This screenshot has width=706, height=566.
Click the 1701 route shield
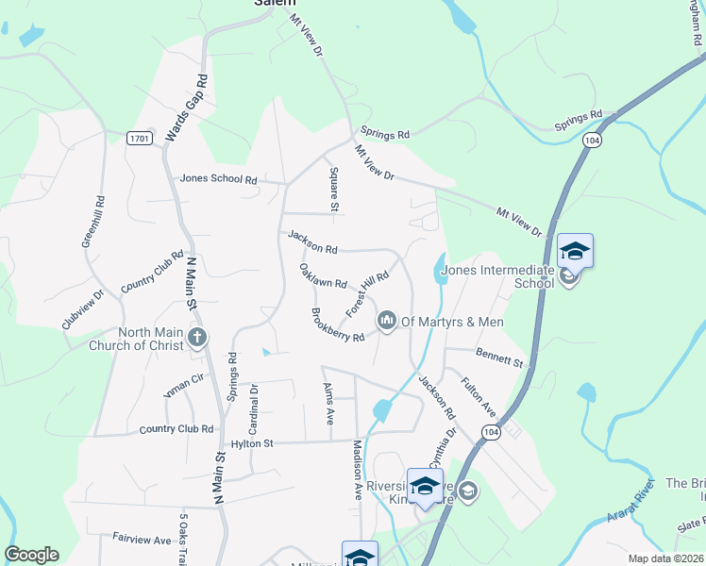140,139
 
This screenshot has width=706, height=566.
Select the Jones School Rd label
219,179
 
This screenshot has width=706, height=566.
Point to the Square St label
334,190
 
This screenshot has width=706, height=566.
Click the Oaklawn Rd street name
323,276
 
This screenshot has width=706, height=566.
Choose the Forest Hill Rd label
367,294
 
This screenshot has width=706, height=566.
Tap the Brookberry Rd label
338,325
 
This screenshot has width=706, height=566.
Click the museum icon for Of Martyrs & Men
387,322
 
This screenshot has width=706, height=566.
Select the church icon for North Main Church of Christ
196,338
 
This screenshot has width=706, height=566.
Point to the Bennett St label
499,359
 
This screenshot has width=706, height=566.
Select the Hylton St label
252,443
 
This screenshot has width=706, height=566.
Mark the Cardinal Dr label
253,405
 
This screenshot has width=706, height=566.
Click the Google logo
31,555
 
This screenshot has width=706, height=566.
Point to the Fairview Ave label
142,540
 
